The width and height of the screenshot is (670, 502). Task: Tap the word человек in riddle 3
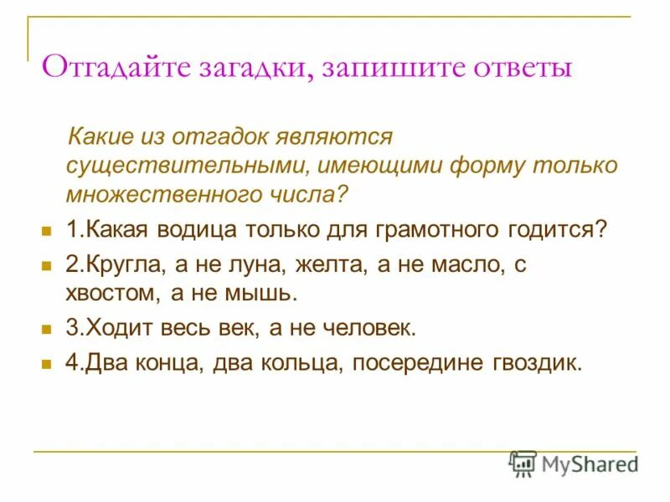tap(368, 329)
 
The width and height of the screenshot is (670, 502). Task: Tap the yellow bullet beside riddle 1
tap(47, 229)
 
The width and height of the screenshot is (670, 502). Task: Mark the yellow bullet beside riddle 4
tap(47, 364)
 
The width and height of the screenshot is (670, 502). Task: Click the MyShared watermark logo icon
tap(523, 464)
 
